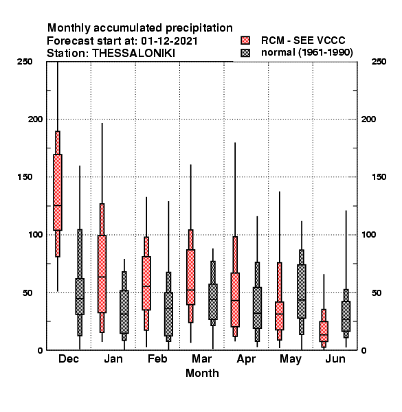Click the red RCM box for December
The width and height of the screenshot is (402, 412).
click(58, 192)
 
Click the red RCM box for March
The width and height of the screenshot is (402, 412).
click(190, 277)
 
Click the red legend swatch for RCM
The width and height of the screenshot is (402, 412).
click(245, 41)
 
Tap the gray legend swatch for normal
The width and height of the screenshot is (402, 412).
click(245, 53)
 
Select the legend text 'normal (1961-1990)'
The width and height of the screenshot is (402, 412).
click(306, 53)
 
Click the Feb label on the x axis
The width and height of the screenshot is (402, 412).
click(157, 359)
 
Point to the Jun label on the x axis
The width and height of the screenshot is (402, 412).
click(335, 359)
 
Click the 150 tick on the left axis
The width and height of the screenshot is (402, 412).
click(25, 177)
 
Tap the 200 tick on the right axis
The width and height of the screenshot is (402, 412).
click(368, 119)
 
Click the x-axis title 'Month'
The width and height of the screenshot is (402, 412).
click(202, 373)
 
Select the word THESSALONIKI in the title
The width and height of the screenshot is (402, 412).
click(134, 54)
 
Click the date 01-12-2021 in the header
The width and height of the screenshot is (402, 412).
click(169, 41)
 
